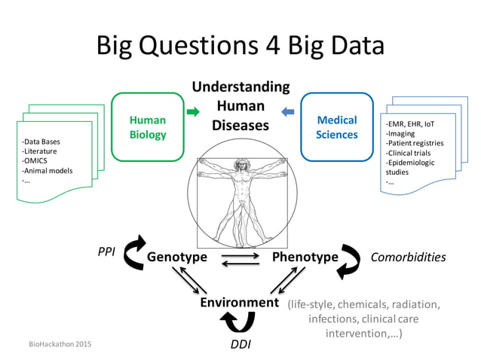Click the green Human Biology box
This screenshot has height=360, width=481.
point(148,127)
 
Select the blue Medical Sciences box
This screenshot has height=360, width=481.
point(337,127)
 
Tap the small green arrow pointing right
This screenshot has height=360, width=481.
point(193,112)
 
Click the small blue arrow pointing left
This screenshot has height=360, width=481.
point(288,112)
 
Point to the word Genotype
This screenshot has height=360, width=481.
point(177,257)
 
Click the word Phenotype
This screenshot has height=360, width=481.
point(305,257)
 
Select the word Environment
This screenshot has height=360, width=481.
point(239,303)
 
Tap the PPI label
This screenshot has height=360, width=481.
point(106,252)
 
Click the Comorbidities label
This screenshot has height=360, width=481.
point(408,257)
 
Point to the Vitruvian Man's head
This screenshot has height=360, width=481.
point(240,165)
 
